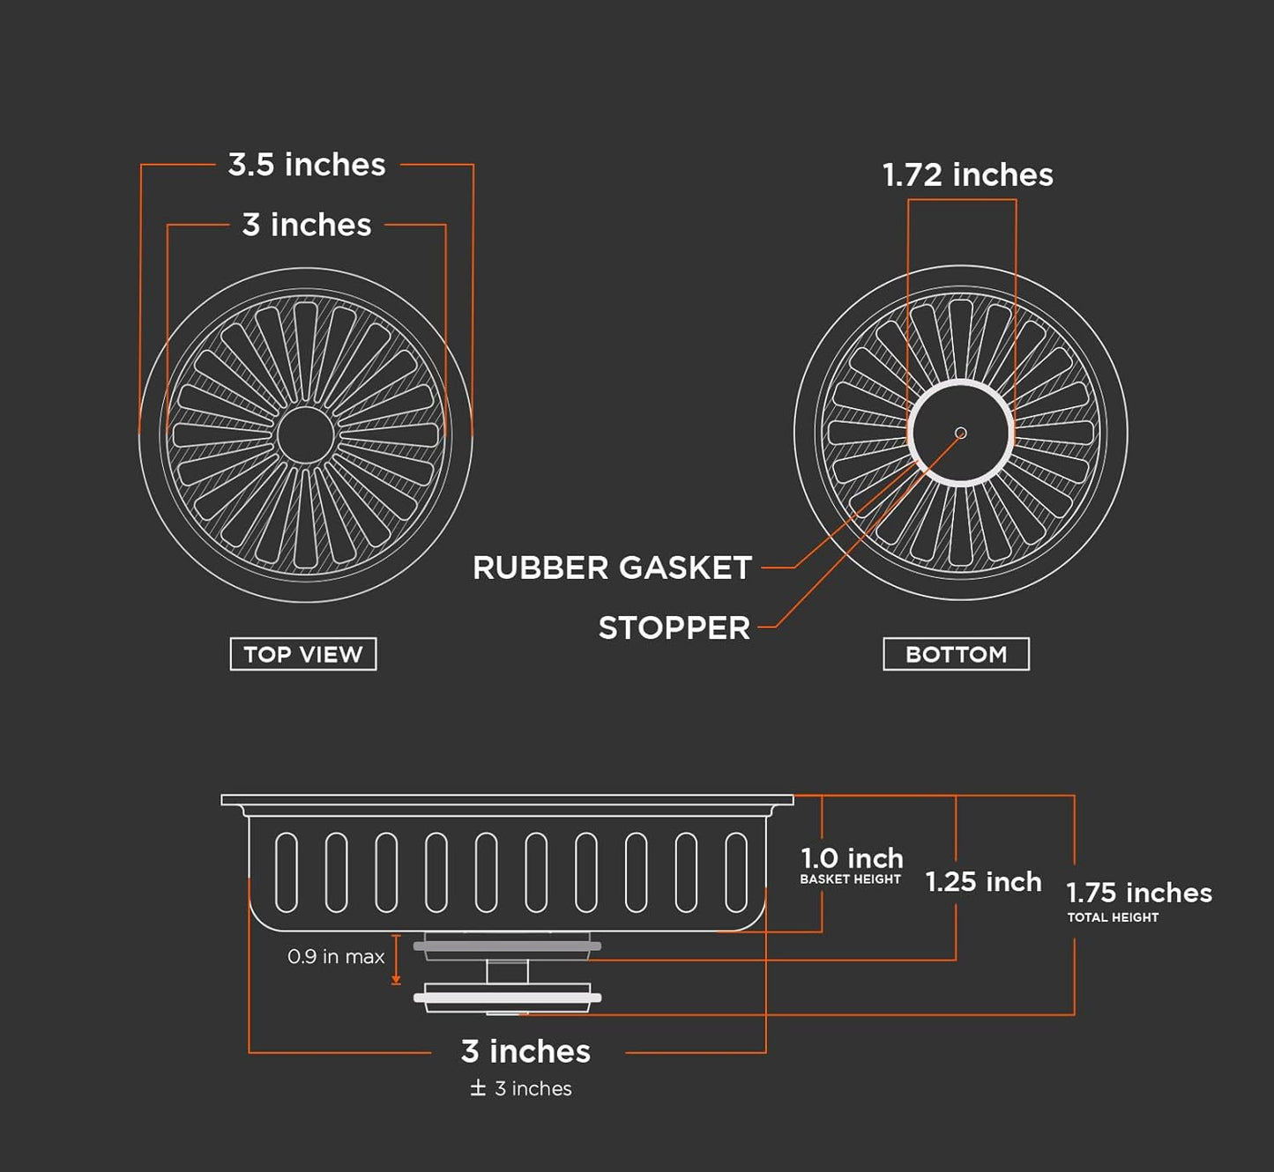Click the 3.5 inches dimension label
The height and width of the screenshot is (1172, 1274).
coord(306,165)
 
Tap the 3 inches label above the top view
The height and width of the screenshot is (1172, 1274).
coord(306,225)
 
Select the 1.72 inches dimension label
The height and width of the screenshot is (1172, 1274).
coord(967,174)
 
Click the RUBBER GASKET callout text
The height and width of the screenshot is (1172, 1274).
coord(612,568)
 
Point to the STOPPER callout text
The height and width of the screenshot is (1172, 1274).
coord(674,628)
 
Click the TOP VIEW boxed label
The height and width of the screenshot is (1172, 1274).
coord(303,654)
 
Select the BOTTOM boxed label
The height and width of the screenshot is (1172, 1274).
coord(956,654)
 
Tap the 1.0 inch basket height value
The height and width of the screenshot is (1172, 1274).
coord(852,858)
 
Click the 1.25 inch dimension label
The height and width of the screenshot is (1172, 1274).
coord(983,881)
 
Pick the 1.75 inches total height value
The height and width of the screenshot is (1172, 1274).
coord(1139,893)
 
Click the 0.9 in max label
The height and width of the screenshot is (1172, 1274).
coord(336,956)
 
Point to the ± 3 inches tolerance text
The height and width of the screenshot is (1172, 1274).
coord(521,1089)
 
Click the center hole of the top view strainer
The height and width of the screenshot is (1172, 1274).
coord(306,434)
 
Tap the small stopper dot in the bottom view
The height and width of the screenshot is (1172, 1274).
coord(961,433)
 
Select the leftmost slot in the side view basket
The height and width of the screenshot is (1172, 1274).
coord(286,872)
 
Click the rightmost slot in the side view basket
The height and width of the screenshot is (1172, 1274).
coord(736,872)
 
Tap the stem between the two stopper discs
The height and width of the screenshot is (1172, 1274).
coord(508,971)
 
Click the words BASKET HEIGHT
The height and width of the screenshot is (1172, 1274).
coord(850,879)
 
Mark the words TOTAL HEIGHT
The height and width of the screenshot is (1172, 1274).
coord(1113,917)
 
